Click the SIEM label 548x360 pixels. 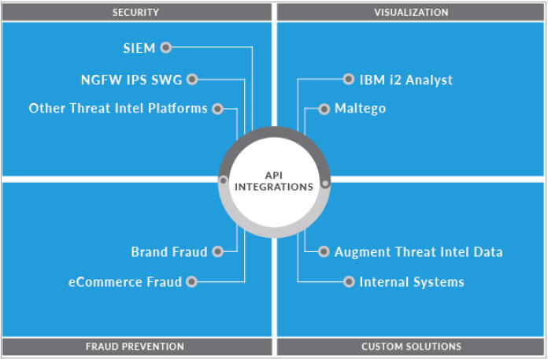click(139, 48)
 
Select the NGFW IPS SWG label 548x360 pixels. click(130, 80)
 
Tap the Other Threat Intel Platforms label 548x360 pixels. click(118, 108)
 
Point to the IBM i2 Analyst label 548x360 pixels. click(406, 80)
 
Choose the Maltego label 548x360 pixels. click(360, 109)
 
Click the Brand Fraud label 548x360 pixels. click(169, 252)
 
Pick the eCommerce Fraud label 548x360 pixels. click(126, 281)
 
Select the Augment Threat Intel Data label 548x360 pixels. click(418, 252)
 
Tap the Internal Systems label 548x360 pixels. click(412, 281)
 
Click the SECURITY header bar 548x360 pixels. click(135, 12)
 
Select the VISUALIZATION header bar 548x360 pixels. click(411, 12)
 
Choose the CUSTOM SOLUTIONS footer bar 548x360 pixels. click(411, 347)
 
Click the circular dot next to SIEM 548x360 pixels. click(165, 47)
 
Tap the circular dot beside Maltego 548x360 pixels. click(324, 109)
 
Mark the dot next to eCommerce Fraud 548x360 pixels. click(192, 281)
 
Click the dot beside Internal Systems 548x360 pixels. click(349, 281)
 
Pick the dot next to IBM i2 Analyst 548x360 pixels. click(349, 79)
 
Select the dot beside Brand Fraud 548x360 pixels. click(218, 252)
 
